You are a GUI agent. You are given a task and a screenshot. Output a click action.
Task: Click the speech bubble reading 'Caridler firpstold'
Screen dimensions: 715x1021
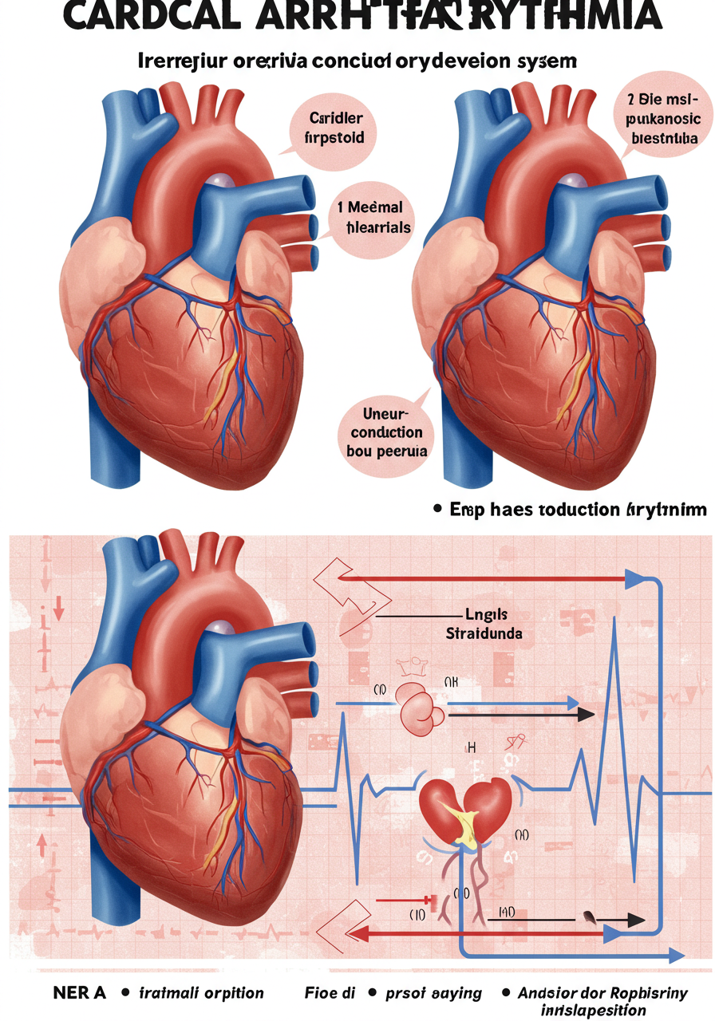(336, 128)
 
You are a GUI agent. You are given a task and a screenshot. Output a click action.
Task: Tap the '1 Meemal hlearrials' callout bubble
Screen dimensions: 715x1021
(368, 216)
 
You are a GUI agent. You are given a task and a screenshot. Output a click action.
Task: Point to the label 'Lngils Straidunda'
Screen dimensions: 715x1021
(483, 625)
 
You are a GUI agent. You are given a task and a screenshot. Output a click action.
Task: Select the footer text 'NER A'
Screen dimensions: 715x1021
(79, 992)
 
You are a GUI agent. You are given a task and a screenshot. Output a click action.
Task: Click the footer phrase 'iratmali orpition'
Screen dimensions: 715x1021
(201, 992)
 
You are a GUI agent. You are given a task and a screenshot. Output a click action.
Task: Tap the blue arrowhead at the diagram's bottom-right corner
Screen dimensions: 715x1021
(675, 955)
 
